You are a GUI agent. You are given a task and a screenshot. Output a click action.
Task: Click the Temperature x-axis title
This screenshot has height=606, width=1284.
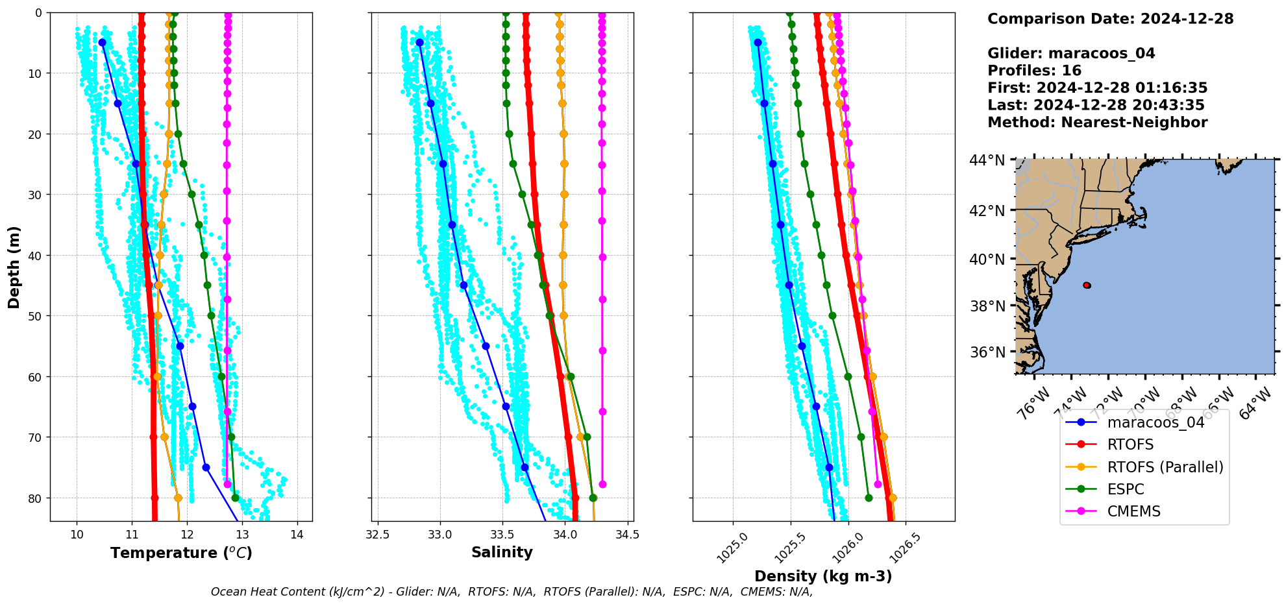coord(181,553)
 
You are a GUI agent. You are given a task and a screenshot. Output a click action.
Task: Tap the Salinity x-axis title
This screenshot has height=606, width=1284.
coord(502,552)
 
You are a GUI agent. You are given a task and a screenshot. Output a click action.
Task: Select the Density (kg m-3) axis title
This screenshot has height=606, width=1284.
coord(822,576)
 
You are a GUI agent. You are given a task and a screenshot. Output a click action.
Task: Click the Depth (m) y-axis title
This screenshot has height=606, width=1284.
coord(14,267)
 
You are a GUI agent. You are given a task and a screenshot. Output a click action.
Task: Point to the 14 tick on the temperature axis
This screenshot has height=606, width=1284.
coord(297,535)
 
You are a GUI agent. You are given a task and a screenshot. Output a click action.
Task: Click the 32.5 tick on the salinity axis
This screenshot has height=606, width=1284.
coord(377,535)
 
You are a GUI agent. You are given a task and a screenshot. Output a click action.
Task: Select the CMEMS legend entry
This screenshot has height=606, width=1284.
coord(1133,511)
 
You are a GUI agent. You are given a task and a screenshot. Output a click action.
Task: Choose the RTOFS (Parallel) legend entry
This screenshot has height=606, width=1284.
coord(1165,467)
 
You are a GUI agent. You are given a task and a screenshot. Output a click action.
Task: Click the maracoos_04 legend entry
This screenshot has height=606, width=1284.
coord(1155,422)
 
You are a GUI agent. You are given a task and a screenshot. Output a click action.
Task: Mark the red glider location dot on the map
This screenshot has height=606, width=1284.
coord(1087,285)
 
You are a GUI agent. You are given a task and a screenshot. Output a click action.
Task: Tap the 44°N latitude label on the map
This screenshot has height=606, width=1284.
coord(987,160)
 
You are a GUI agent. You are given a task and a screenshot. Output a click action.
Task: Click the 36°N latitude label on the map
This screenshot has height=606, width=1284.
coord(987,352)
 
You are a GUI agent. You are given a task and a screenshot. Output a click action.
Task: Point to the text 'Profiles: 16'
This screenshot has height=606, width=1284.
coord(1034,71)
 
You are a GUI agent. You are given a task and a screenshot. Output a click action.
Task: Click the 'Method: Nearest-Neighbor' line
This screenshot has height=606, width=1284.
coord(1097,123)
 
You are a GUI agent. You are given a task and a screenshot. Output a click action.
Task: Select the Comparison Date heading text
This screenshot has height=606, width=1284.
coord(1110,19)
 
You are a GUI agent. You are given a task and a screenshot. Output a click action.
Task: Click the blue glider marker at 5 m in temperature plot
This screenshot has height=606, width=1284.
coord(102,42)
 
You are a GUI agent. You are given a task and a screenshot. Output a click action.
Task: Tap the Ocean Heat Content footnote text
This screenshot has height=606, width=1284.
coord(512,592)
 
